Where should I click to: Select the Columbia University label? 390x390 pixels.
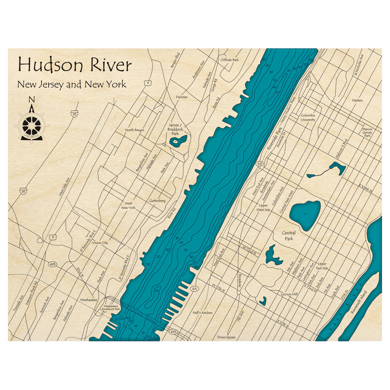[308, 118]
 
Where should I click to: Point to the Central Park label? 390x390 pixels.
[289, 236]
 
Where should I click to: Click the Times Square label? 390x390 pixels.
[227, 337]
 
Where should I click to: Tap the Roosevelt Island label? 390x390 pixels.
[358, 305]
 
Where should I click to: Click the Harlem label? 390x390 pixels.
[357, 101]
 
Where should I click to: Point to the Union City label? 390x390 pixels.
[100, 243]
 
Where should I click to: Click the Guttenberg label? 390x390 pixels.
[158, 201]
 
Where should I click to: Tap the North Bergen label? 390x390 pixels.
[135, 130]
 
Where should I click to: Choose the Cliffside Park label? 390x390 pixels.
[229, 60]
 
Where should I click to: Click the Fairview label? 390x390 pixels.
[182, 97]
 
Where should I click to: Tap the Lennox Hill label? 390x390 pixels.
[289, 294]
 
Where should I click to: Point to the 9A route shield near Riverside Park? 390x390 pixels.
[259, 164]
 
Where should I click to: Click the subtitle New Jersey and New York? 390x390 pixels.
[71, 84]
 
